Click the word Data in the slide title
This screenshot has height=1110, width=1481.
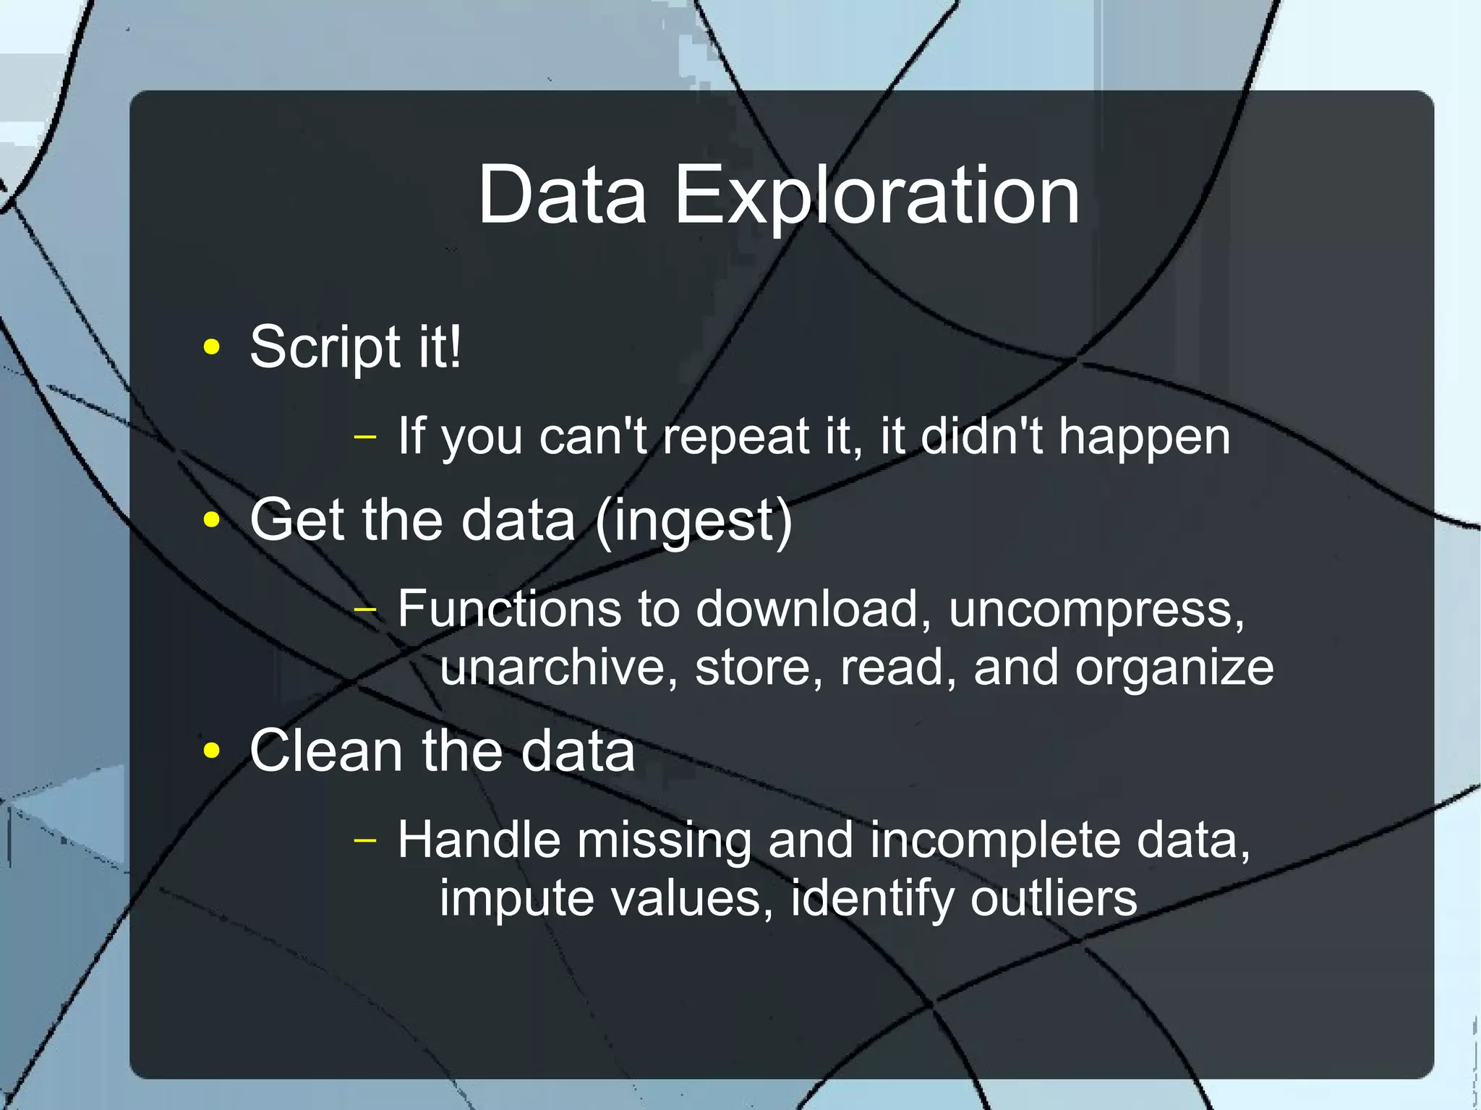coord(562,195)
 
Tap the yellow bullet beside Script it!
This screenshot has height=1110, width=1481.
coord(211,347)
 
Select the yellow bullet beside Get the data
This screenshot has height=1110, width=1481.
coord(211,520)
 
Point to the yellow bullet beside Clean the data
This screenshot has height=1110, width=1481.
coord(211,751)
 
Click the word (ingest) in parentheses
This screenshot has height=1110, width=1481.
coord(694,522)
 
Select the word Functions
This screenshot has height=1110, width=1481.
coord(509,609)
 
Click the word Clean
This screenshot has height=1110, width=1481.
coord(326,751)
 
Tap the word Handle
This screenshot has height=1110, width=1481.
coord(479,840)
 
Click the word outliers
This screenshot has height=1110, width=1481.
coord(1053,898)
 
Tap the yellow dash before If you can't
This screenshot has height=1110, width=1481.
coord(366,437)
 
